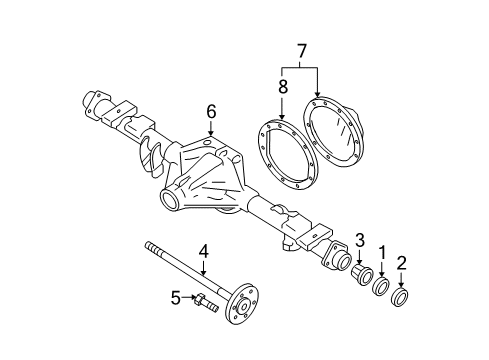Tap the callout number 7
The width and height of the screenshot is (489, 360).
299,48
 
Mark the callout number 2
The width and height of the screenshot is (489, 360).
401,265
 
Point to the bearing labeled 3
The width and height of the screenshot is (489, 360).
362,274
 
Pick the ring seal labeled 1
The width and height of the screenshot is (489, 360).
381,288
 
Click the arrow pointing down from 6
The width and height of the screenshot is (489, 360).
210,127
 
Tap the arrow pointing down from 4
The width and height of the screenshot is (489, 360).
203,268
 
